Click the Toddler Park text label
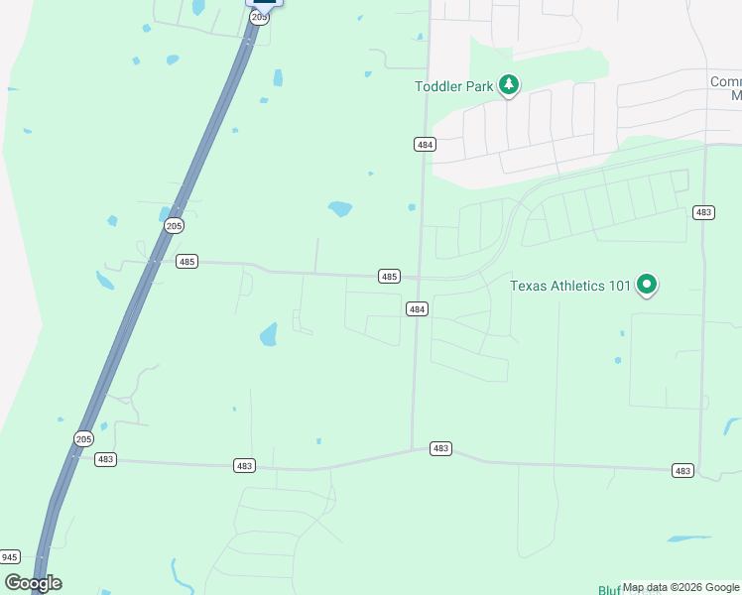[x=453, y=86]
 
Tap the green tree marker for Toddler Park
[x=509, y=85]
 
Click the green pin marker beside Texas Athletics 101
[x=647, y=285]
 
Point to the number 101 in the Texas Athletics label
[x=620, y=286]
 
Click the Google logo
[x=33, y=583]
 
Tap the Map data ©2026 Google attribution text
[x=681, y=588]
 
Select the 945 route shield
[x=9, y=556]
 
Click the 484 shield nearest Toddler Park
[x=425, y=144]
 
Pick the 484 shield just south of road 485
[x=417, y=309]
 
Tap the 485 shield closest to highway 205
[x=186, y=262]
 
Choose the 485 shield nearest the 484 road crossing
[x=389, y=276]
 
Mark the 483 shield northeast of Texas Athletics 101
[x=703, y=212]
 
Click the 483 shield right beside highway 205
[x=106, y=459]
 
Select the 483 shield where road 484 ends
[x=441, y=448]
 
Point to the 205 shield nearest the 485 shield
[x=174, y=226]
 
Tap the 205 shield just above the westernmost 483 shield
[x=84, y=438]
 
